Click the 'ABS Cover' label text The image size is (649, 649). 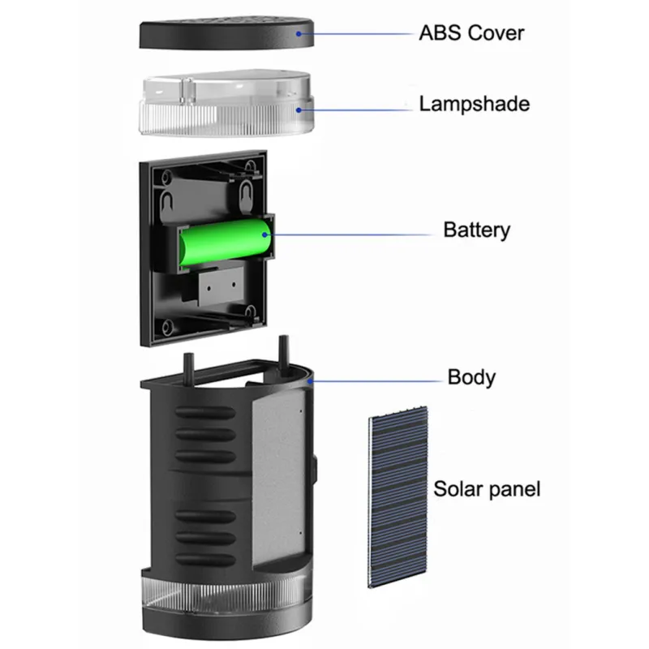(471, 33)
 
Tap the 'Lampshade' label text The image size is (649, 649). (474, 104)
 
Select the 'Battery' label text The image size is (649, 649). (476, 230)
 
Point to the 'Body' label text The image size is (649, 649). (471, 377)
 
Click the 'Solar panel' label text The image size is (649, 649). (486, 488)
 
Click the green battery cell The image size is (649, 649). (226, 242)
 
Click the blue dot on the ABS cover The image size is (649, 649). (299, 33)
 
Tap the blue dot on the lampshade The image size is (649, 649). (299, 108)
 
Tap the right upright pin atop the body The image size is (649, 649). (283, 350)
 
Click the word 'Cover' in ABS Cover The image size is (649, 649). (495, 33)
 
